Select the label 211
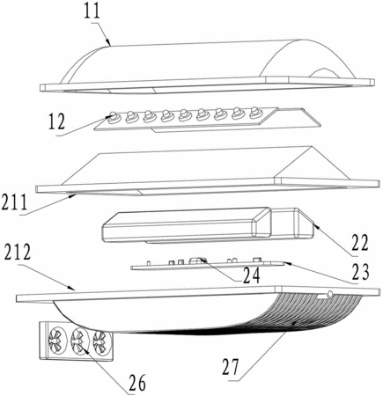14,202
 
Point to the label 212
18,252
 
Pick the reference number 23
359,272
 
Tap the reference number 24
251,275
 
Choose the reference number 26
136,382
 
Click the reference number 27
232,367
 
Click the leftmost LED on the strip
114,118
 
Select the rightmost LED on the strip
254,113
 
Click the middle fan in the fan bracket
79,340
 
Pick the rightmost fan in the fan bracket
102,341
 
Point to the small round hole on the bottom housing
329,293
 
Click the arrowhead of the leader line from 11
109,44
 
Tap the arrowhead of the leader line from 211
75,195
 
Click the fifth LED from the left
184,114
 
